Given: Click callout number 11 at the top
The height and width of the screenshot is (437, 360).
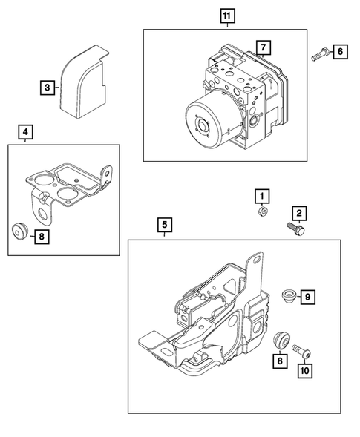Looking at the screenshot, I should click(226, 16).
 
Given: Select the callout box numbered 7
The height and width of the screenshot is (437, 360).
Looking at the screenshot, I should click(261, 47).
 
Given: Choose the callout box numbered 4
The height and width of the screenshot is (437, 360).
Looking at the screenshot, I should click(26, 133).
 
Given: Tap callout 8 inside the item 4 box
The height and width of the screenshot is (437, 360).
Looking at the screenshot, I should click(42, 236).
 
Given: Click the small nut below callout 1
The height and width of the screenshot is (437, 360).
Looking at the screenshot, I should click(261, 211).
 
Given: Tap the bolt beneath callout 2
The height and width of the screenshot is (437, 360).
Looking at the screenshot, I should click(295, 230).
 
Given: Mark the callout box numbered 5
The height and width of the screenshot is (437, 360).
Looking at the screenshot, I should click(164, 223).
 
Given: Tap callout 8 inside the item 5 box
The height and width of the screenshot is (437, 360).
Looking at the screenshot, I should click(281, 361).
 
